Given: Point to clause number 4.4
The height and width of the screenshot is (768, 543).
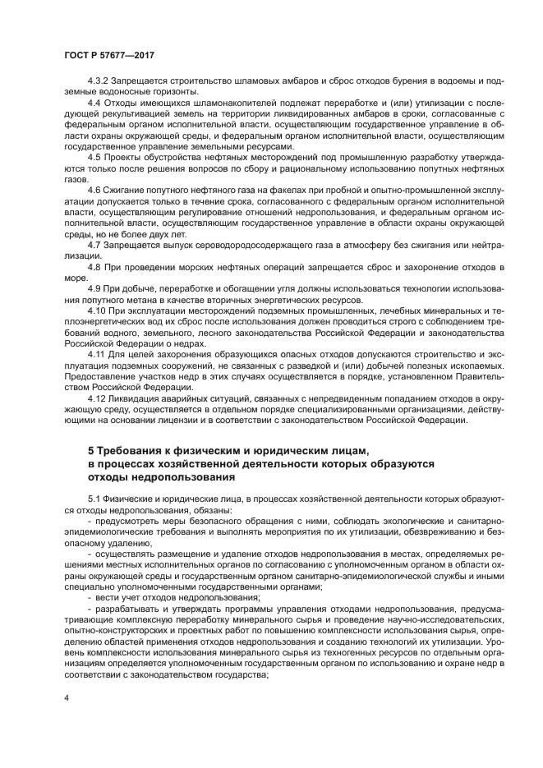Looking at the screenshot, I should tap(94, 103).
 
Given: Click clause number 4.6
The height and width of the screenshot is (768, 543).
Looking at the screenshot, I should tap(94, 189).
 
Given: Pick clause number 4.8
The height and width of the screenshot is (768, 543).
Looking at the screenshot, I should tap(94, 267).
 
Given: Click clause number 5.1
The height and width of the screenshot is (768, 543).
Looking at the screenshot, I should tap(94, 499).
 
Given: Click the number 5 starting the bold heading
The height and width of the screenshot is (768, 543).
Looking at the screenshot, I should tap(90, 451).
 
